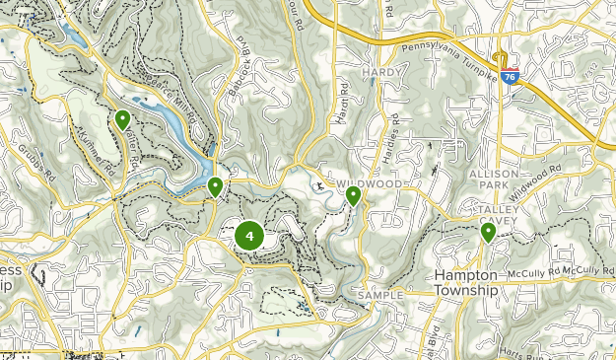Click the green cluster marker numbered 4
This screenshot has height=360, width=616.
point(248,236)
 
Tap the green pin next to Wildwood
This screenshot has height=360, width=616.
point(353,196)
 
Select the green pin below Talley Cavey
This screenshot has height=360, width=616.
point(488,232)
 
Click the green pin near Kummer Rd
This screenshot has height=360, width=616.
point(122,119)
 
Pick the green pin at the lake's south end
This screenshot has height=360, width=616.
point(215,185)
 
